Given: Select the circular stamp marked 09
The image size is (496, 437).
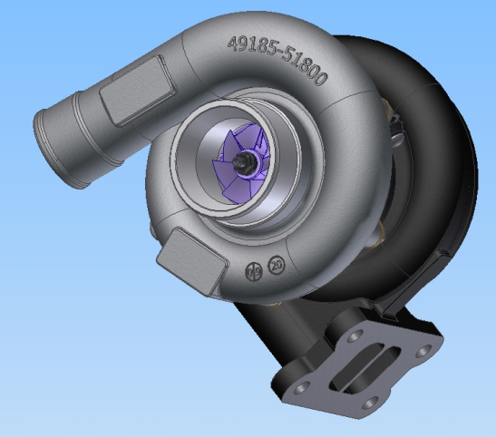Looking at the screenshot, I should pyautogui.click(x=256, y=271).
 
